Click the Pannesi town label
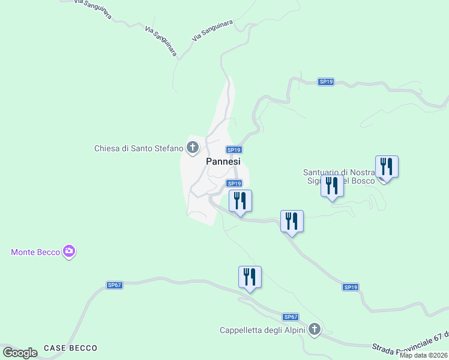click(x=223, y=161)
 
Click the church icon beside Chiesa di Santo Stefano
click(x=193, y=147)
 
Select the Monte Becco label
click(x=35, y=252)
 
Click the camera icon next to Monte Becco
click(x=69, y=251)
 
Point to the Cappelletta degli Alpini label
click(x=262, y=329)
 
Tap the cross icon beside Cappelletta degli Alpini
click(x=315, y=329)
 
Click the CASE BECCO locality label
click(x=70, y=348)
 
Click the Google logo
click(x=20, y=353)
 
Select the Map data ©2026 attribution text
click(x=423, y=355)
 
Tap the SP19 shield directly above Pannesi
click(x=234, y=149)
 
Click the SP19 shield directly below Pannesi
click(x=234, y=183)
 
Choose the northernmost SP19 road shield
click(x=326, y=82)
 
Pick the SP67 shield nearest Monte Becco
click(x=115, y=285)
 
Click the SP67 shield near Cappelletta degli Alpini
click(x=291, y=316)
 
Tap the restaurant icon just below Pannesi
click(x=240, y=201)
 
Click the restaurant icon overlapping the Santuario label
click(x=332, y=186)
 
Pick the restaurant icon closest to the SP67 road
click(x=250, y=277)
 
